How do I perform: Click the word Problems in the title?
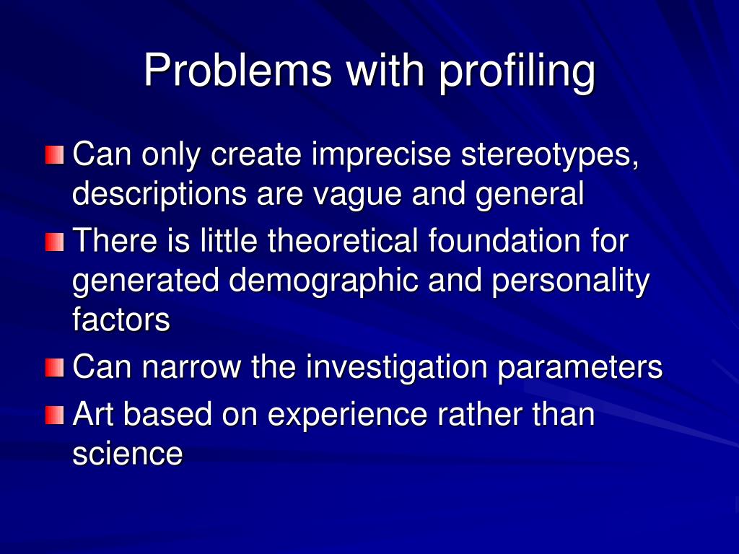237,71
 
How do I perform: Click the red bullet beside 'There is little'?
54,242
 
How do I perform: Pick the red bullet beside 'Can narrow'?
54,369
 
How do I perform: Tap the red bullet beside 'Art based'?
54,416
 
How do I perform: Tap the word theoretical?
343,242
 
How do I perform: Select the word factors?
121,320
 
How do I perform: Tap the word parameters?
580,368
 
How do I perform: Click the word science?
127,454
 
